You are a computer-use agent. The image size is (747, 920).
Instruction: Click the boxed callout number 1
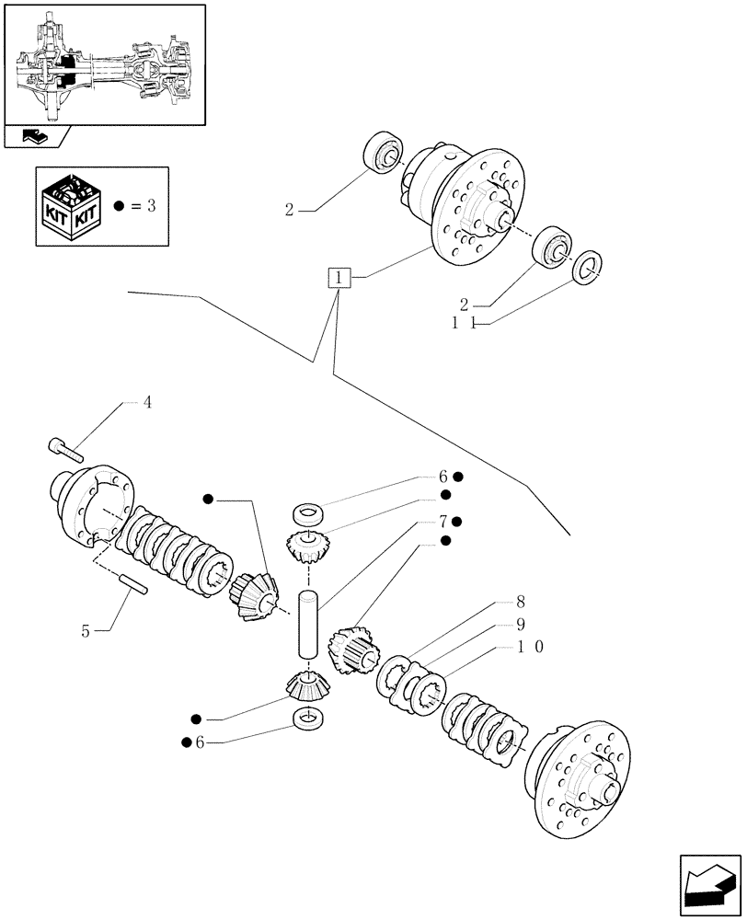[339, 277]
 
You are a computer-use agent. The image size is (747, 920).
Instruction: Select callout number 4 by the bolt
[146, 402]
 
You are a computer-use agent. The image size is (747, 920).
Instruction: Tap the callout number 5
[86, 631]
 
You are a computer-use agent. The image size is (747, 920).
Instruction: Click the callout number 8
[520, 604]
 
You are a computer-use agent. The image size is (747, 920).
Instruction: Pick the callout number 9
[520, 625]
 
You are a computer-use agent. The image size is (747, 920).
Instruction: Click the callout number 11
[462, 324]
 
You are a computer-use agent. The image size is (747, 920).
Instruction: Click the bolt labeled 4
[64, 449]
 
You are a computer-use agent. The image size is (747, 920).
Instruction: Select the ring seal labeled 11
[587, 265]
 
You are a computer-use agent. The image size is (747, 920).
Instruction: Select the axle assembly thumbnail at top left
[103, 64]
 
